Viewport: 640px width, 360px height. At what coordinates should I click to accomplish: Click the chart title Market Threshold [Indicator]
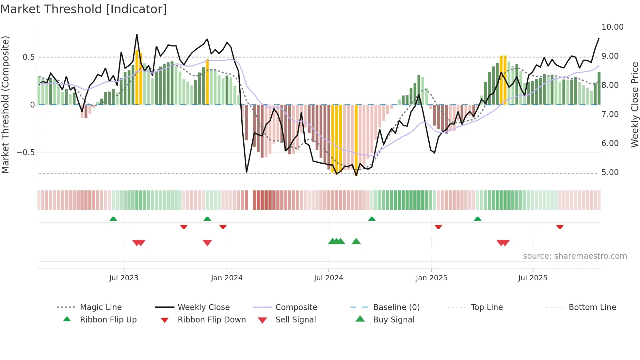coord(84,9)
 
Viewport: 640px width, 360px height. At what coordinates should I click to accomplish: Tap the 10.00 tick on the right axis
coord(612,27)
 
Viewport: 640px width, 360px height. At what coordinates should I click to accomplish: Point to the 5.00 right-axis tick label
coord(610,172)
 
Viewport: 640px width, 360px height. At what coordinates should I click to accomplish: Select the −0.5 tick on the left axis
coord(25,153)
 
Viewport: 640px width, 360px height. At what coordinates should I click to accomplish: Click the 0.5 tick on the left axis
coord(28,57)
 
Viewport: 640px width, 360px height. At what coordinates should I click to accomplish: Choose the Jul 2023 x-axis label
coord(124,278)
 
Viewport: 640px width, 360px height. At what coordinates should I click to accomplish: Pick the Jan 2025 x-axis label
coord(431,278)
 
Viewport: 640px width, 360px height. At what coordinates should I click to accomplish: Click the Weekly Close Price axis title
coord(634,105)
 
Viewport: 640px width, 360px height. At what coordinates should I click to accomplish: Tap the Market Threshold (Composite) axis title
coord(5,105)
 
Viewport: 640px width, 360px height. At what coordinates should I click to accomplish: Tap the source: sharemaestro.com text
coord(575,256)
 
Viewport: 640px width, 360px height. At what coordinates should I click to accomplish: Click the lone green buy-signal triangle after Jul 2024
coord(356,242)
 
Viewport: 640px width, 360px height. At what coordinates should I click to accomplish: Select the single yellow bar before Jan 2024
coord(207,82)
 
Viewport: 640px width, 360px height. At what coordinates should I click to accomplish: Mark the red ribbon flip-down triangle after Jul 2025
coord(560,227)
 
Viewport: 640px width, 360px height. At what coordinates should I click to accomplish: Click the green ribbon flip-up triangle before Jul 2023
coord(113,219)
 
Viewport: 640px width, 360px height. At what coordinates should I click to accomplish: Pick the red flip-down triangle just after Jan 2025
coord(438,227)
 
